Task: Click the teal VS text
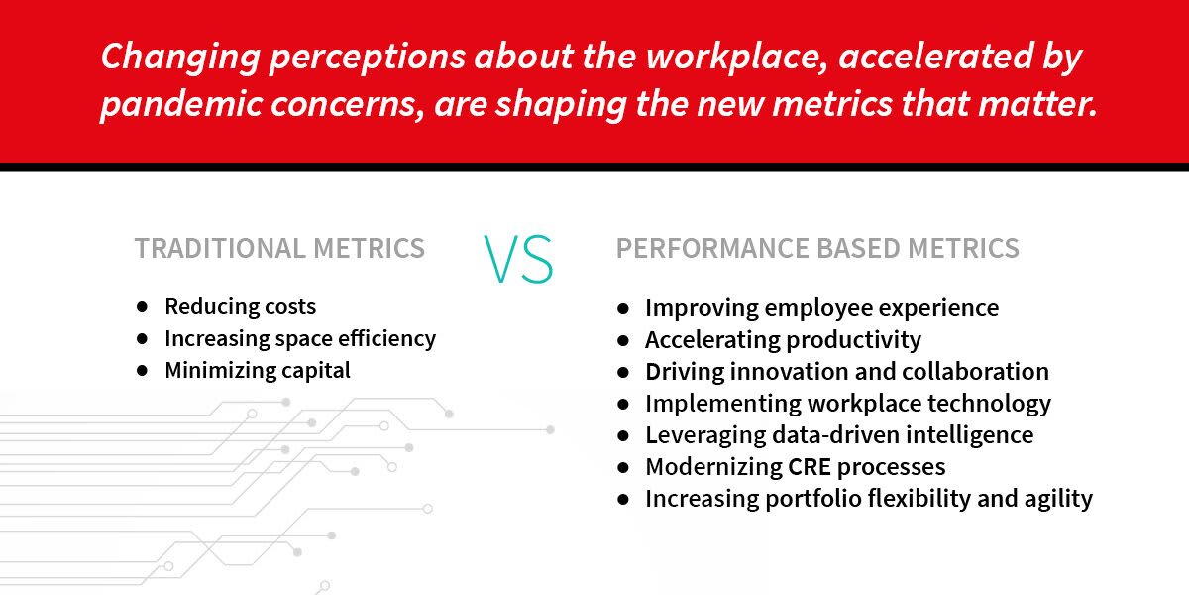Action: pos(518,259)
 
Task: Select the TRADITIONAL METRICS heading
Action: pos(279,248)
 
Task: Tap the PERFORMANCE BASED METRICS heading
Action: pos(817,248)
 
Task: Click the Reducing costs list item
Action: pos(241,307)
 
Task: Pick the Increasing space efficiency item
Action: pos(300,339)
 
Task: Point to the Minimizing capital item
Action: pos(258,371)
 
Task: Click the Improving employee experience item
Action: pos(822,308)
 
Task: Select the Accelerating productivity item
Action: pos(784,340)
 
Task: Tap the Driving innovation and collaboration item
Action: pos(847,371)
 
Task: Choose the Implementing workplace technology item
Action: pos(848,404)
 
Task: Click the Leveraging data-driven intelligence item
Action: pos(840,435)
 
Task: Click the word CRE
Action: pos(810,467)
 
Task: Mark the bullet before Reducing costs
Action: pos(142,307)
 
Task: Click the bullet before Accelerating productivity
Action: pos(623,340)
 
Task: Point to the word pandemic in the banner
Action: pos(181,104)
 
